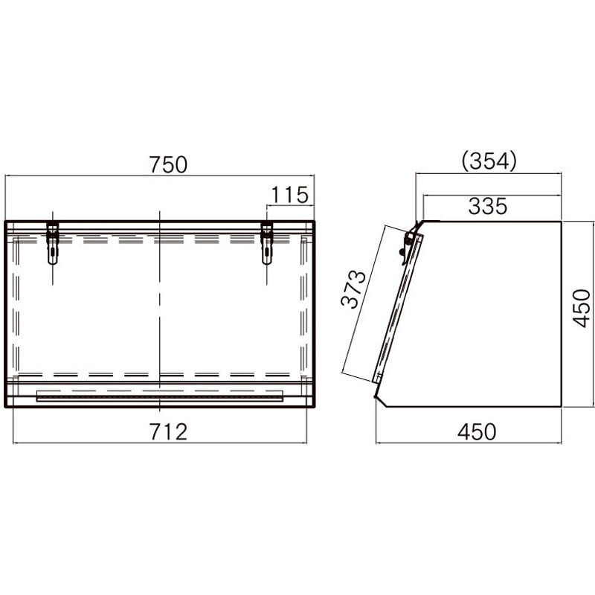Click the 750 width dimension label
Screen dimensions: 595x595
(x=168, y=164)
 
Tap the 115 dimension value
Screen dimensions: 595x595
(x=290, y=195)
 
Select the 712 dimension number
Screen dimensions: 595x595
(x=168, y=432)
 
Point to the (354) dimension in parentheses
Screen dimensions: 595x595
(x=489, y=161)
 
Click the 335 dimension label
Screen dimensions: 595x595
(x=488, y=207)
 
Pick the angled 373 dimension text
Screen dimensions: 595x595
(x=353, y=289)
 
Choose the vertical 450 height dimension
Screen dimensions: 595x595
(x=582, y=308)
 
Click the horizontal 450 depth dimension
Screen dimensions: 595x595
(x=477, y=432)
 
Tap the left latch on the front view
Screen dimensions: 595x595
(x=53, y=243)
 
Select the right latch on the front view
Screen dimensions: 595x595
(x=267, y=243)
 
